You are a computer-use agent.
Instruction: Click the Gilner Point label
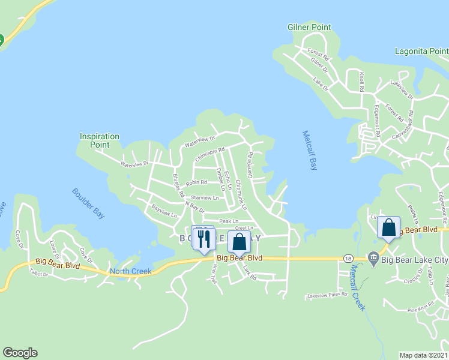point(309,26)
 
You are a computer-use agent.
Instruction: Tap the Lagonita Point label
point(421,51)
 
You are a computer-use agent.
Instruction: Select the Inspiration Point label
point(100,140)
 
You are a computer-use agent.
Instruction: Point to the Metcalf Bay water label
point(309,151)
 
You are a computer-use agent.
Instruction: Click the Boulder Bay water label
point(88,200)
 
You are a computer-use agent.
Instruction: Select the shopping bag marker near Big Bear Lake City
point(388,228)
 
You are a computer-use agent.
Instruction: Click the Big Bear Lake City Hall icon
point(373,259)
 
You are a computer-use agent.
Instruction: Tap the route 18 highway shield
point(348,257)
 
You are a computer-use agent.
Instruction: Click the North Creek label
point(130,271)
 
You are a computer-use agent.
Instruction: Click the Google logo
point(20,353)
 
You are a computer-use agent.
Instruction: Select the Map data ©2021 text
point(423,355)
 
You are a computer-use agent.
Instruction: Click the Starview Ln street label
point(205,197)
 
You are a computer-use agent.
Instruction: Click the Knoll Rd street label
point(362,81)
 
